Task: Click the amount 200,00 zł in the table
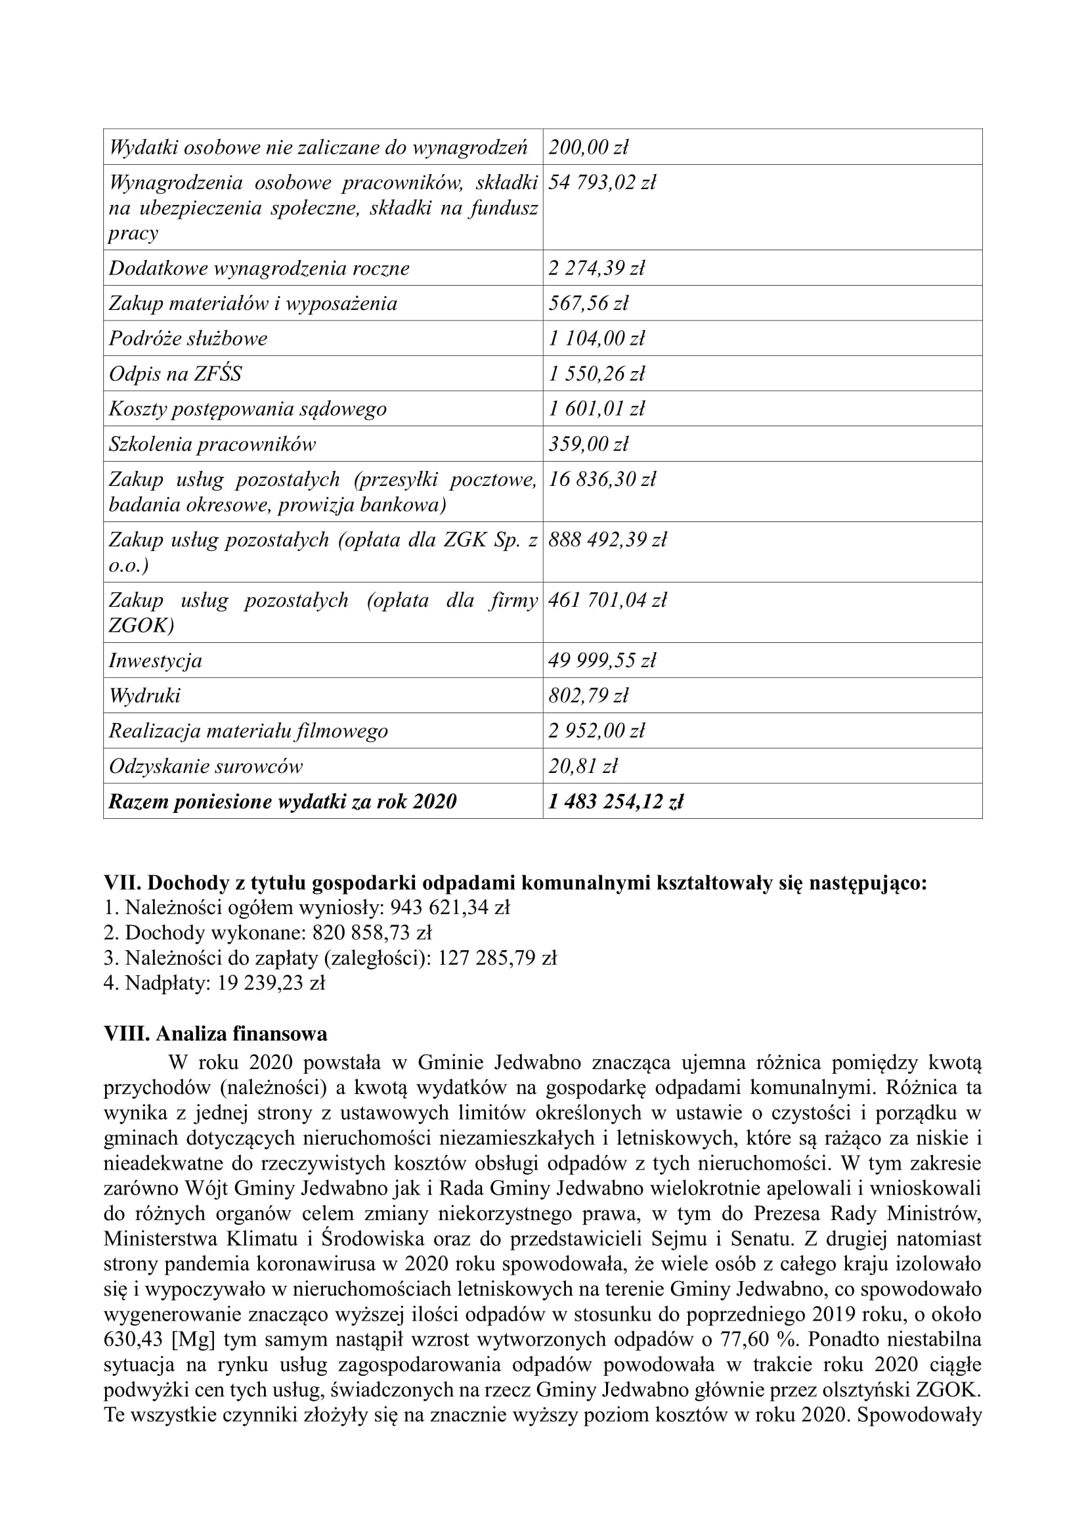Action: click(x=588, y=147)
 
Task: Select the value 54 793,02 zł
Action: click(x=602, y=182)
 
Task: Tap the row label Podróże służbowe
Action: click(x=188, y=338)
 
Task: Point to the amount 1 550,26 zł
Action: click(x=596, y=373)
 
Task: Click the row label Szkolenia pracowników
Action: click(x=212, y=444)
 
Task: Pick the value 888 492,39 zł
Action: click(x=607, y=540)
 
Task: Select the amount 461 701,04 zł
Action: click(x=607, y=600)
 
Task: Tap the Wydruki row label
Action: click(x=144, y=695)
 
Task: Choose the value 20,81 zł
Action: click(x=582, y=766)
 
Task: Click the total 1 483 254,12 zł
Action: click(x=615, y=801)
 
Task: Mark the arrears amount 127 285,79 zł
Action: click(x=497, y=958)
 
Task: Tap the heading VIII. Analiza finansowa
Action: click(x=215, y=1034)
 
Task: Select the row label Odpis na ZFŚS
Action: click(x=175, y=373)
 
